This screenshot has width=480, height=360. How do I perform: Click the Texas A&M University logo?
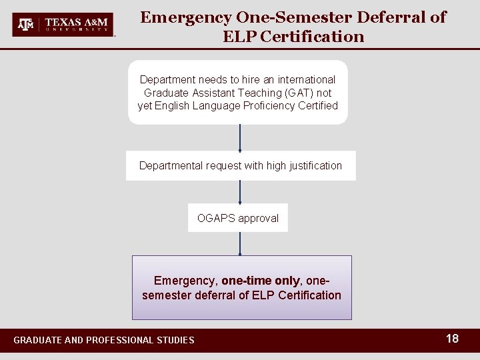(63, 24)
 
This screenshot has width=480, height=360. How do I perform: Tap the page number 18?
(452, 339)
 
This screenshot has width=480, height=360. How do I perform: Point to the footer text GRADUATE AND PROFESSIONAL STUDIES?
(104, 340)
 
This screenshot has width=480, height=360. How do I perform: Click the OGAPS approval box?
(238, 218)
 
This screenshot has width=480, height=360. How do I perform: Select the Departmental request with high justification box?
(241, 165)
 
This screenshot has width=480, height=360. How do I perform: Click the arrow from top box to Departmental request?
(240, 137)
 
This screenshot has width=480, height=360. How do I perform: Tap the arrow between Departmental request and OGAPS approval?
(240, 192)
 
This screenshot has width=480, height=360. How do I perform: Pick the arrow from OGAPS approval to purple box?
(240, 244)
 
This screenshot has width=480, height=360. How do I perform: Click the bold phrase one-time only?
(261, 281)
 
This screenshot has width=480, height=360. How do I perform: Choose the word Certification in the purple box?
(309, 295)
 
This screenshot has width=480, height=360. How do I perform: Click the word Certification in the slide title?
(313, 37)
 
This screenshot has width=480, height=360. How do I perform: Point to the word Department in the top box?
(167, 79)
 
